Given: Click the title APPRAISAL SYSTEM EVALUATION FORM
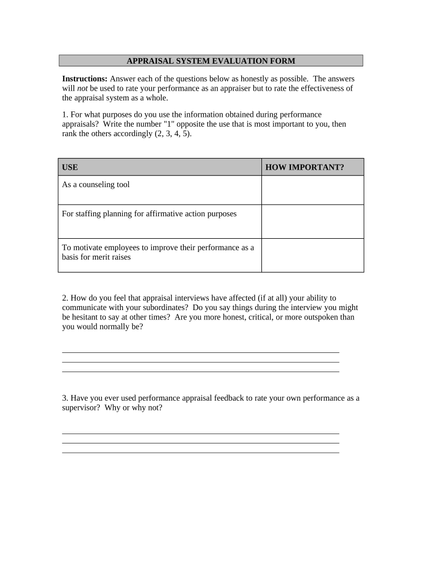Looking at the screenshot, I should pyautogui.click(x=210, y=60).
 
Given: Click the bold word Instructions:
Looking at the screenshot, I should pyautogui.click(x=85, y=79).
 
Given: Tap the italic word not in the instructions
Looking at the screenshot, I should pyautogui.click(x=81, y=89).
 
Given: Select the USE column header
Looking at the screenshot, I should pyautogui.click(x=70, y=167).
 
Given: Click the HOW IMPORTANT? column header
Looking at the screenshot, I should pyautogui.click(x=305, y=167).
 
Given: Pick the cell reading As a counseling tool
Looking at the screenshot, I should pyautogui.click(x=96, y=185).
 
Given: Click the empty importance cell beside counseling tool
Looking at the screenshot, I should pyautogui.click(x=312, y=190).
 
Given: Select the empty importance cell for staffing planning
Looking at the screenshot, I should pyautogui.click(x=312, y=221).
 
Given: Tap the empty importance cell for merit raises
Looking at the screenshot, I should pyautogui.click(x=312, y=255).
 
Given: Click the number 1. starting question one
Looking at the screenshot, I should pyautogui.click(x=65, y=115).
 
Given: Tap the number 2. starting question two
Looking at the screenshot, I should pyautogui.click(x=65, y=298).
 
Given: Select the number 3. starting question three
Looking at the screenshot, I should pyautogui.click(x=65, y=398).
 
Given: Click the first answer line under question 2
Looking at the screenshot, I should pyautogui.click(x=201, y=352).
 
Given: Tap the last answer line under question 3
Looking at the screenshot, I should pyautogui.click(x=201, y=452).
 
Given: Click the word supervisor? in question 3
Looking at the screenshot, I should pyautogui.click(x=81, y=408).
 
